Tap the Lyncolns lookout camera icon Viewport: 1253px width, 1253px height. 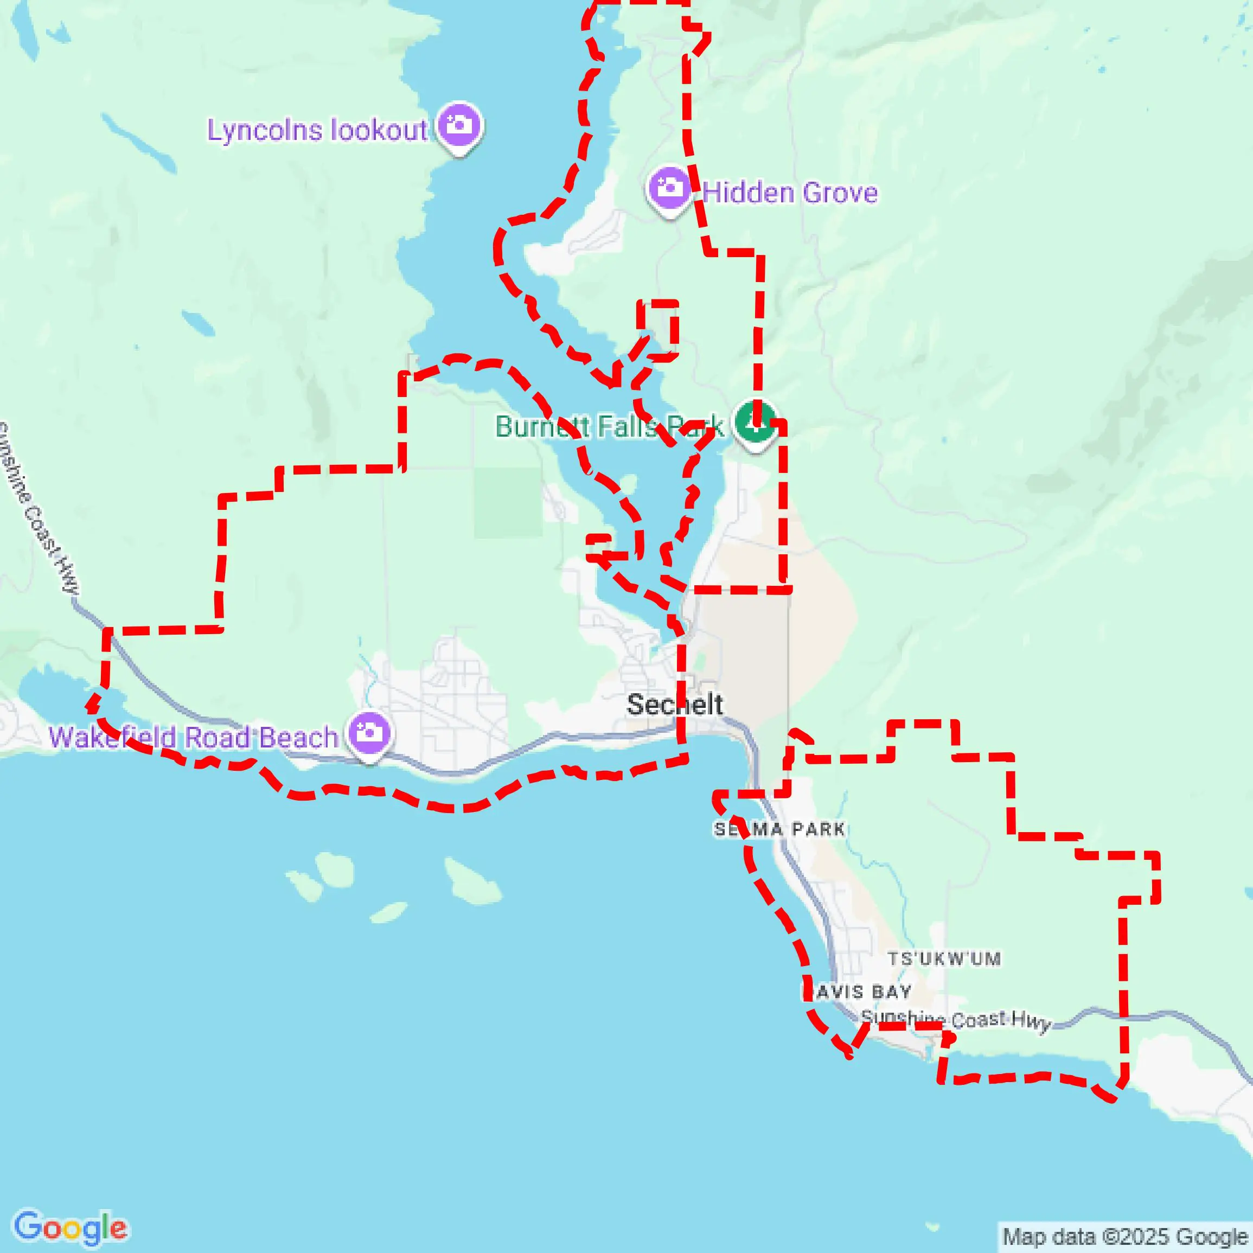coord(459,125)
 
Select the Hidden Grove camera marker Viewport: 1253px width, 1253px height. coord(669,189)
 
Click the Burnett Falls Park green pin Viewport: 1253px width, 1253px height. coord(755,421)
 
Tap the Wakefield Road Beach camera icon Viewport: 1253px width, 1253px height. coord(369,733)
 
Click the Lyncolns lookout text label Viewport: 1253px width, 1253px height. coord(317,130)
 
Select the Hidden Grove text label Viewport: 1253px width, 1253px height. coord(790,193)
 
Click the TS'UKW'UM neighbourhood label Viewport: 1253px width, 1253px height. coord(944,958)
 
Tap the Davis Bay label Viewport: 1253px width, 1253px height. coord(858,992)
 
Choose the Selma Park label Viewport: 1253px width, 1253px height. coord(779,829)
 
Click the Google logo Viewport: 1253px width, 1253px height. coord(70,1227)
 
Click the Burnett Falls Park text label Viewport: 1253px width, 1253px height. coord(609,427)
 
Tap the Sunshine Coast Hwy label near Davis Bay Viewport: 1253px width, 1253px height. coord(955,1020)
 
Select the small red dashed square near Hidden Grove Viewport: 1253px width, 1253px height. coord(657,329)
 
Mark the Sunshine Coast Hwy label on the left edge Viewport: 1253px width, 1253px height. coord(39,506)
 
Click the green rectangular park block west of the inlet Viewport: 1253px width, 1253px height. coord(508,503)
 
